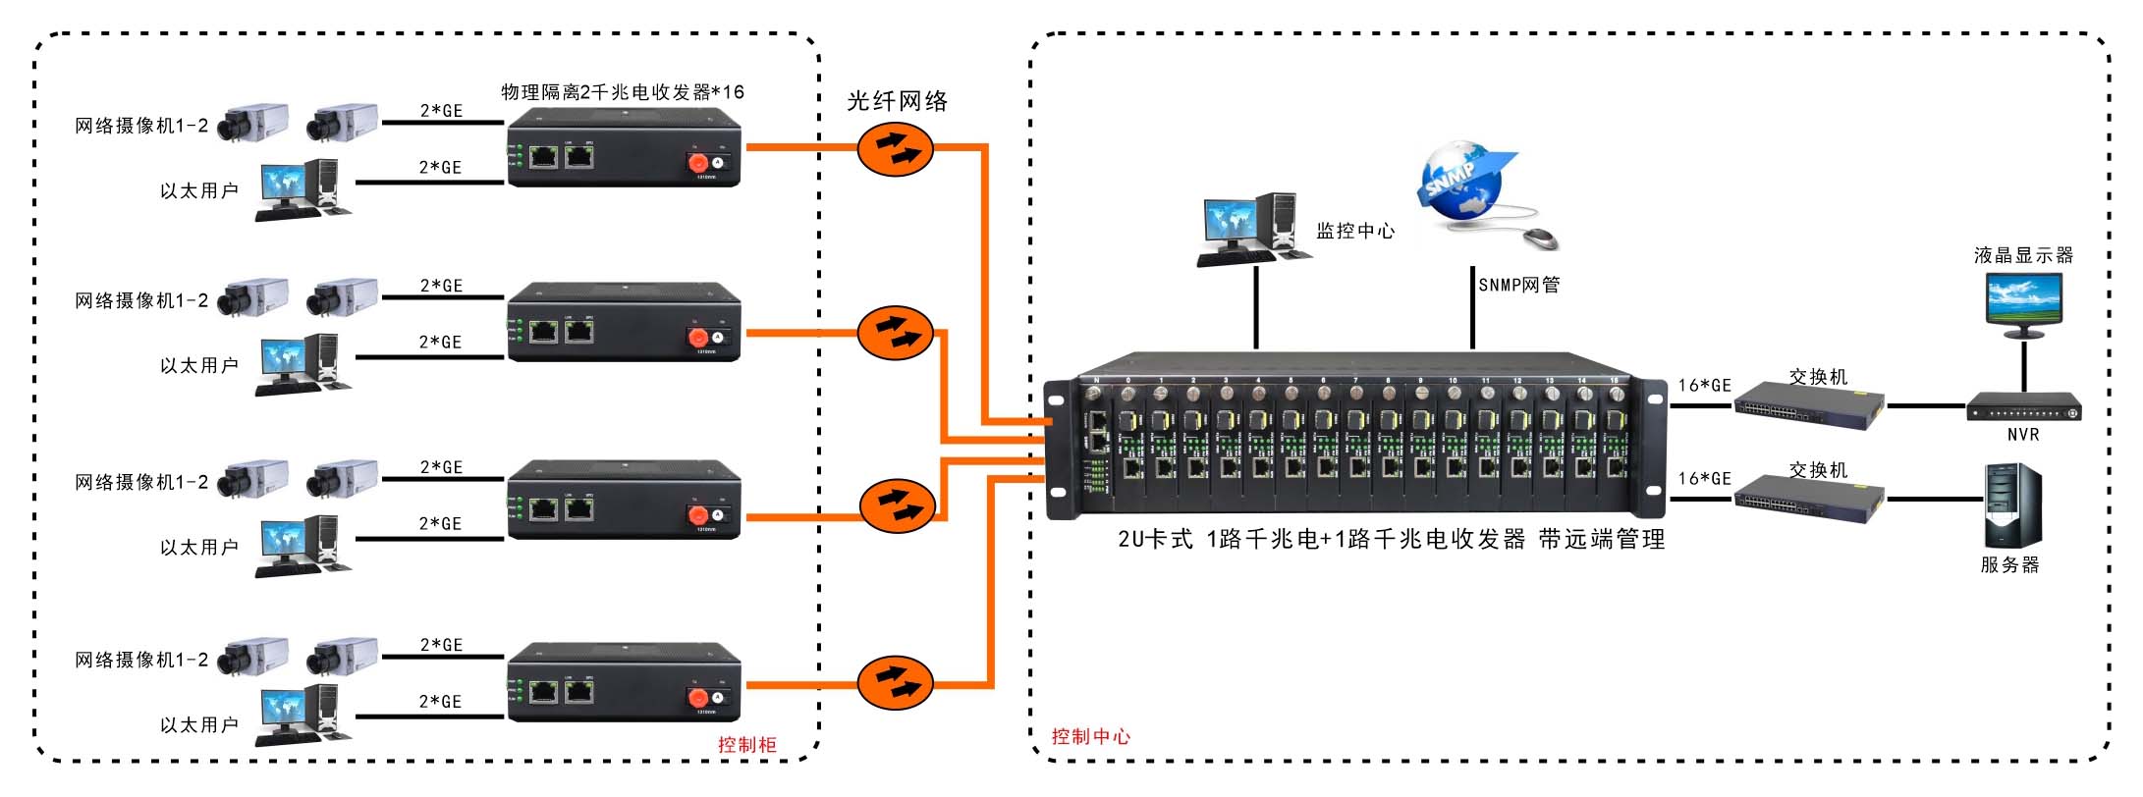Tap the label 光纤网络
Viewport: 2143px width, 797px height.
897,101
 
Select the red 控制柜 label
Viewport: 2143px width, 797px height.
746,745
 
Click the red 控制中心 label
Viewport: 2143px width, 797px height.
1090,737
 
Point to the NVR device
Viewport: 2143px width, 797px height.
2023,407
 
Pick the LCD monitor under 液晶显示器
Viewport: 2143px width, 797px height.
2023,302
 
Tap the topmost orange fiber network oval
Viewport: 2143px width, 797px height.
895,150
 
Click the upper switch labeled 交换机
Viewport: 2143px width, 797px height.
1808,405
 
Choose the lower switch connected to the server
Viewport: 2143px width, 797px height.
1808,499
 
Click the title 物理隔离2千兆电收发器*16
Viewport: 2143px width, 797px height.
623,92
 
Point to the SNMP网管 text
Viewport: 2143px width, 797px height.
1518,285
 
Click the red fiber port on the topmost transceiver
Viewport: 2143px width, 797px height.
697,162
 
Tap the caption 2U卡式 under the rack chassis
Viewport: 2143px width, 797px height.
1155,539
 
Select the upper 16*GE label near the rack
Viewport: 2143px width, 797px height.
1704,386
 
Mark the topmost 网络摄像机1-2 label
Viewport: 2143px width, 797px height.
141,126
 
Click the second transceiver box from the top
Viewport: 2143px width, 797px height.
624,322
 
